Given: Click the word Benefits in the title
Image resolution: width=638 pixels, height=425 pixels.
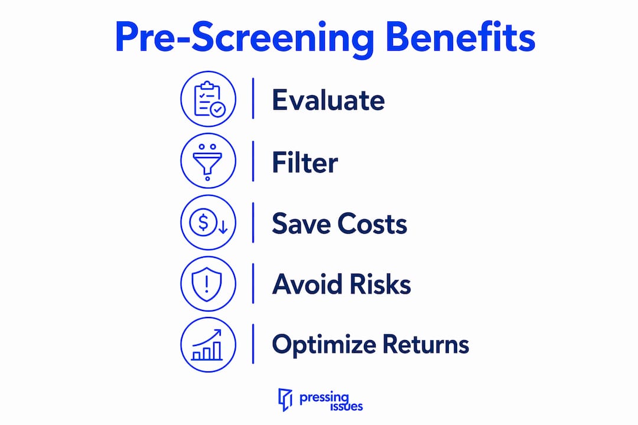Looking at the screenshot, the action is (460, 37).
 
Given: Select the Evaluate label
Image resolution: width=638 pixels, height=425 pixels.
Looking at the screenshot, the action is (328, 100).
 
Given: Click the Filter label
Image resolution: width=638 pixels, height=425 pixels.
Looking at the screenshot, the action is (305, 162).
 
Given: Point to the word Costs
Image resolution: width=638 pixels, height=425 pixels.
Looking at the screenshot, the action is (372, 223).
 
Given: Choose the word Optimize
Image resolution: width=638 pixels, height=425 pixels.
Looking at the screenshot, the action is (324, 345).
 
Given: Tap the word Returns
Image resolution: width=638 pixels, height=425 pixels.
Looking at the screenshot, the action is (425, 345).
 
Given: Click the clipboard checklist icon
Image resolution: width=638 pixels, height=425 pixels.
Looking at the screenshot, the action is (209, 99).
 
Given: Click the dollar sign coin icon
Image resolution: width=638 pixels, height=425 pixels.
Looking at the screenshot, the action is (203, 223).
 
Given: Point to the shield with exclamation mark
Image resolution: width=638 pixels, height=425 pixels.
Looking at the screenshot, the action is (207, 284).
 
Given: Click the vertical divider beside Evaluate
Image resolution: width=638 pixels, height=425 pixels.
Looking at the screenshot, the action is (253, 99).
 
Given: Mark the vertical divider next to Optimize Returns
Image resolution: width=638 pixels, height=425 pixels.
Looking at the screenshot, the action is (253, 344).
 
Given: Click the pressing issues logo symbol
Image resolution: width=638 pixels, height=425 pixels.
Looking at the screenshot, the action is (285, 400).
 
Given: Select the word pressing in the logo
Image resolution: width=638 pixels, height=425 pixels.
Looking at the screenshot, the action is (324, 398).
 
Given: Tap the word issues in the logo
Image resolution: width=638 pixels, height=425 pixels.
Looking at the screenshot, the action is (346, 406).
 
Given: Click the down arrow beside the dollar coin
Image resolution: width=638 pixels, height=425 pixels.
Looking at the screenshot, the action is (223, 227).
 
